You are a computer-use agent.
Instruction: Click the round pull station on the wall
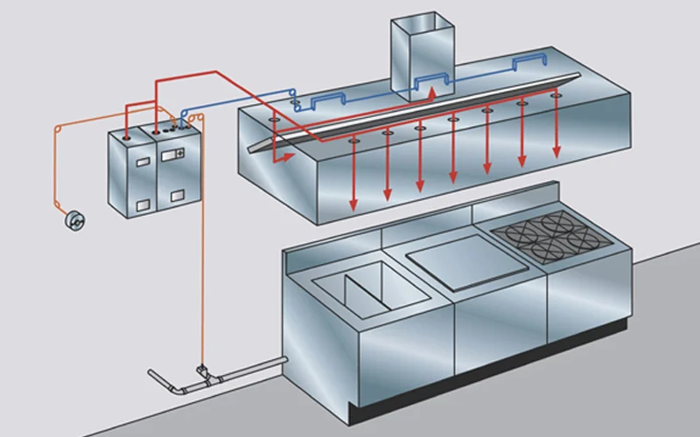click(75, 223)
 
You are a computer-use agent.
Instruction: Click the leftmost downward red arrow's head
click(353, 205)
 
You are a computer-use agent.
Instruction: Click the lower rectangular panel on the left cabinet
click(142, 205)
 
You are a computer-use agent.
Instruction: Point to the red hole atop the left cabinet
click(129, 135)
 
